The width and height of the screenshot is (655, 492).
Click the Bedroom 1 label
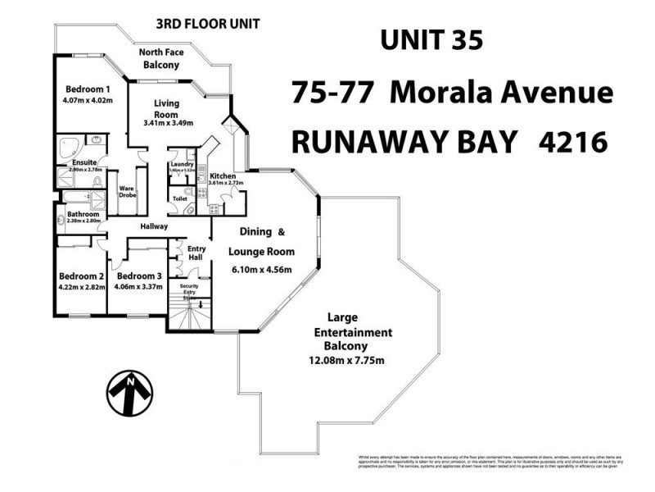click(88, 89)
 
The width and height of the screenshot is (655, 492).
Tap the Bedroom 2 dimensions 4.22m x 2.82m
click(81, 287)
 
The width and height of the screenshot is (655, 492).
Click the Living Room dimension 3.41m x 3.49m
click(168, 123)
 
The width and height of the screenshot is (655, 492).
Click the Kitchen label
click(223, 176)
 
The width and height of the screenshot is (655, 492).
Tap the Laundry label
click(181, 164)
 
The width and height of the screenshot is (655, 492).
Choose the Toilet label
click(180, 199)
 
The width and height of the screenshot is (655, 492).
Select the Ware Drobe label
click(127, 191)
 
